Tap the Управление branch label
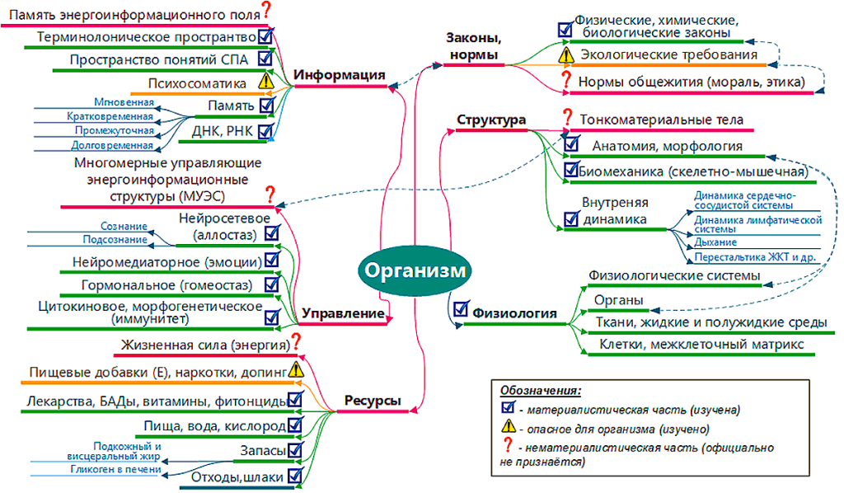click(x=344, y=313)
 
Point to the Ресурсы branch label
click(x=373, y=401)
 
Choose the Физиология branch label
click(x=514, y=313)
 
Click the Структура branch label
click(x=491, y=120)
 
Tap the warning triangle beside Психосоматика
click(x=265, y=82)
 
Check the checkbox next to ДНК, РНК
click(x=265, y=130)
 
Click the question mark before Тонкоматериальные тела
click(x=567, y=119)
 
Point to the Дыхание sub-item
click(x=715, y=243)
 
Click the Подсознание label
click(x=115, y=239)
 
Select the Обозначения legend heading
click(x=541, y=389)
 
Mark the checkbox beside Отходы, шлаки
click(x=296, y=476)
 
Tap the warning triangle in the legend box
click(x=509, y=428)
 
